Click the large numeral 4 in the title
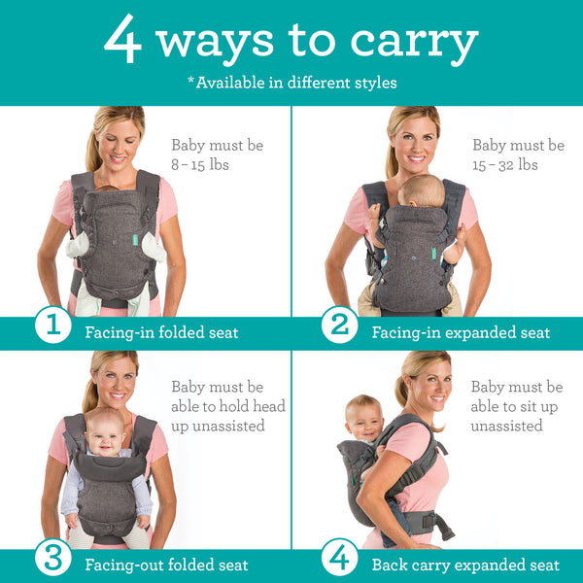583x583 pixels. (123, 41)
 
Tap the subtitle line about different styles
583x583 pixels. (291, 83)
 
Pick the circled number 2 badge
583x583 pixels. (339, 326)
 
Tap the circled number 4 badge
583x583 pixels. (339, 560)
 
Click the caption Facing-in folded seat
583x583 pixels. (161, 332)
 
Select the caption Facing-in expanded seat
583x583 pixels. (461, 332)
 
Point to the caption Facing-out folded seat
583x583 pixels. (166, 565)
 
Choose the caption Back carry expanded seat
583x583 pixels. (465, 565)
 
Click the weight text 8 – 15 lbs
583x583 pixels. (199, 165)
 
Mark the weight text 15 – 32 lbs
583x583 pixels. (504, 165)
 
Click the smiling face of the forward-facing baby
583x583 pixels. (106, 434)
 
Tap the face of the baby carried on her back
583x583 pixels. (364, 420)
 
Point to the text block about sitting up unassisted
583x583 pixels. (516, 406)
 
